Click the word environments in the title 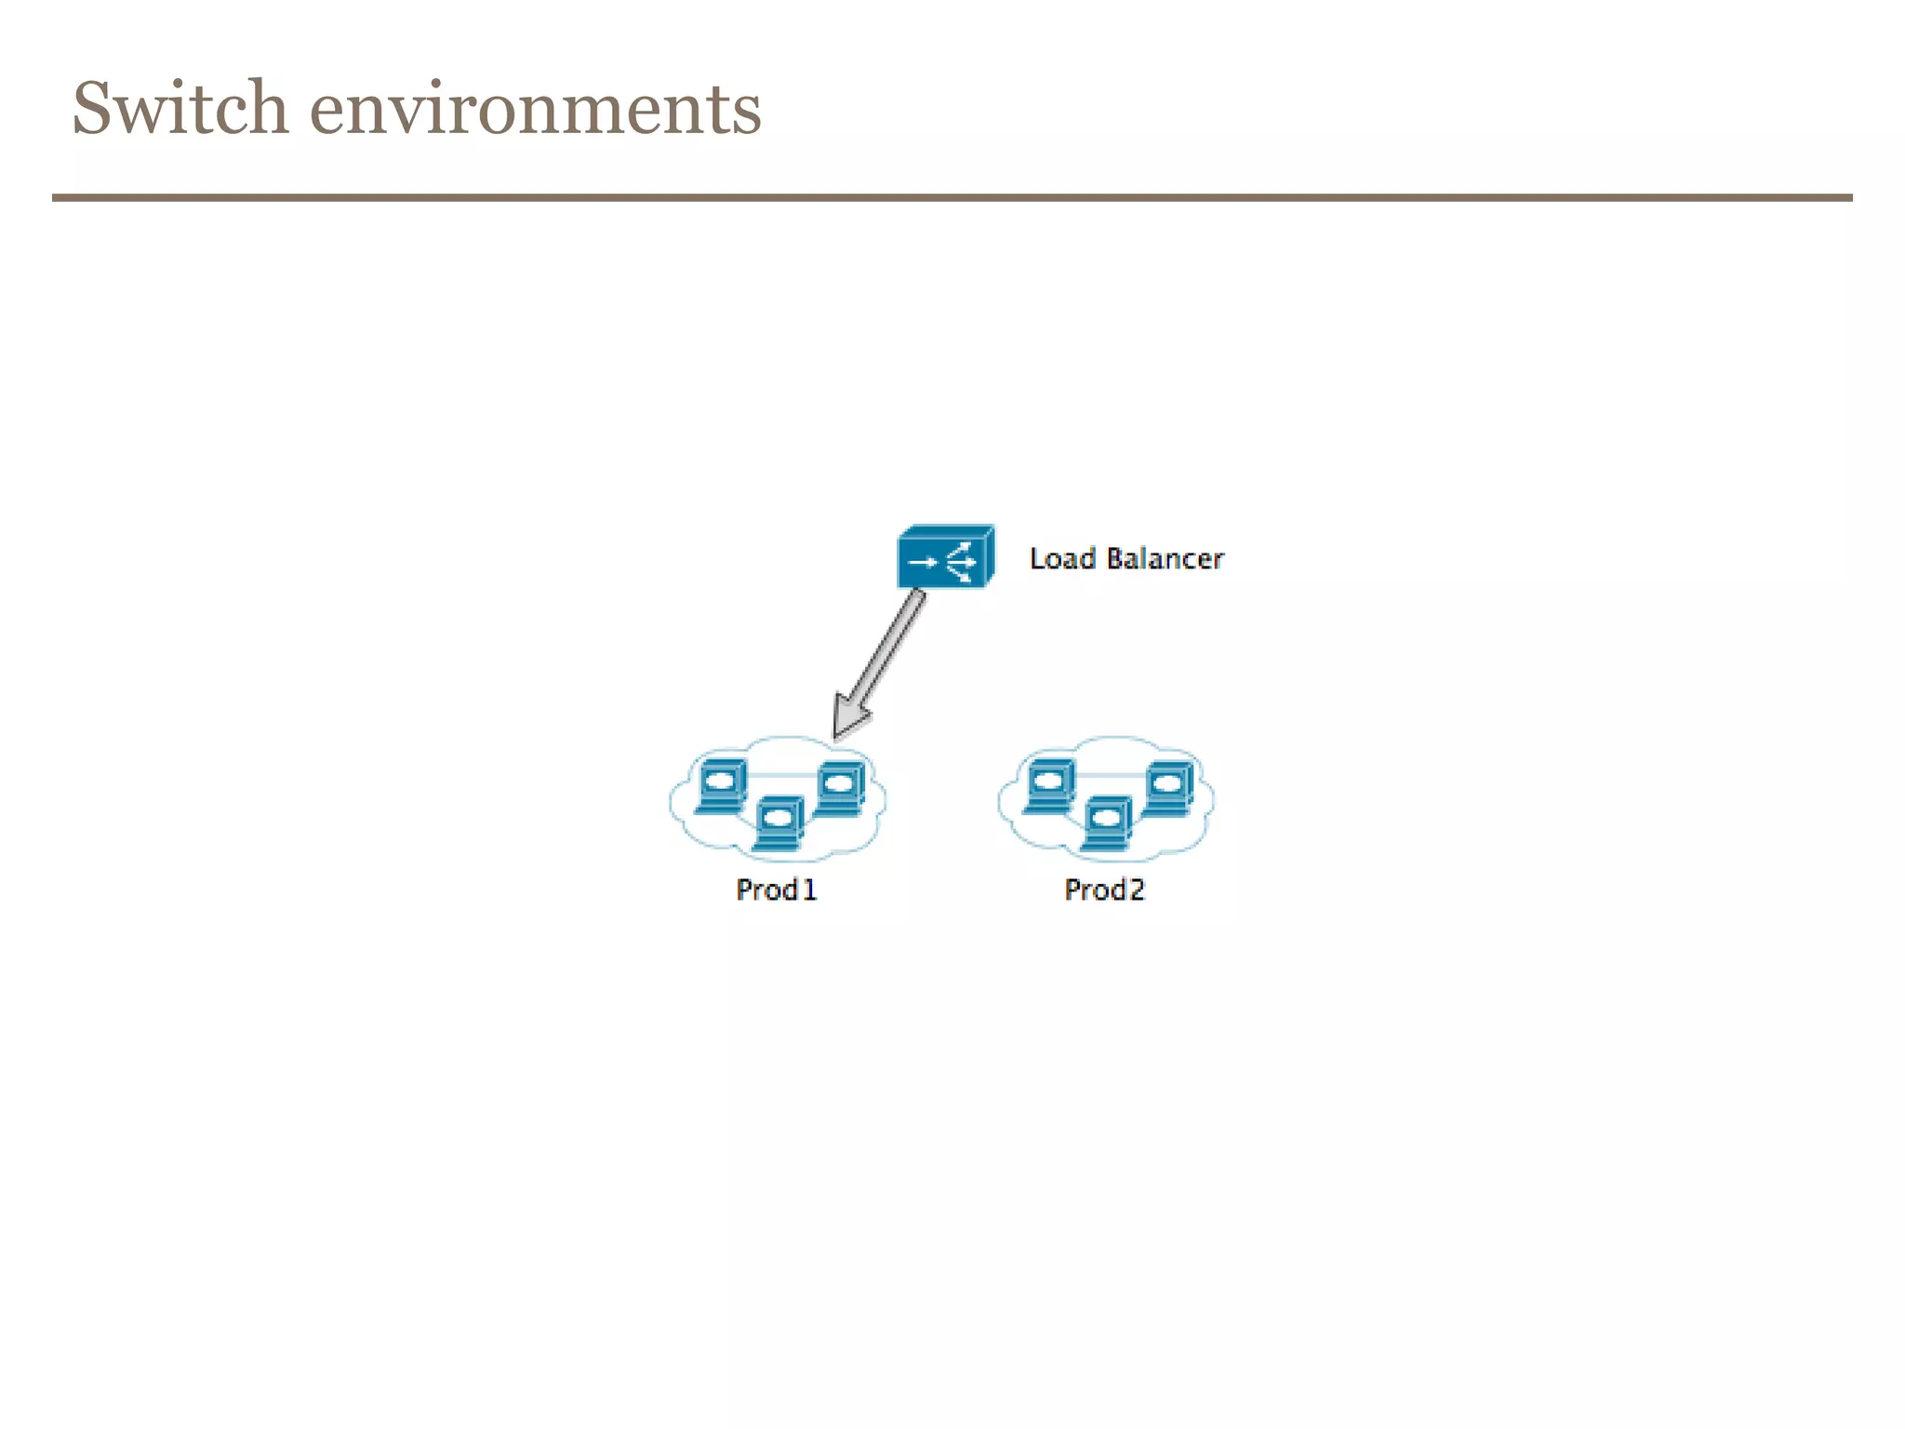click(x=535, y=110)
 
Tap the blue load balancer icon click(x=945, y=557)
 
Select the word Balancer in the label click(x=1165, y=558)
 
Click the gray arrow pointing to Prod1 click(x=884, y=657)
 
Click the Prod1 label click(x=776, y=889)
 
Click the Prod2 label click(x=1104, y=889)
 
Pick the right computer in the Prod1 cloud click(x=840, y=788)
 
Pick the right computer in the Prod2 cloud click(x=1168, y=788)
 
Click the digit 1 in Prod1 click(x=809, y=889)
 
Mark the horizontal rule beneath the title click(x=952, y=197)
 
